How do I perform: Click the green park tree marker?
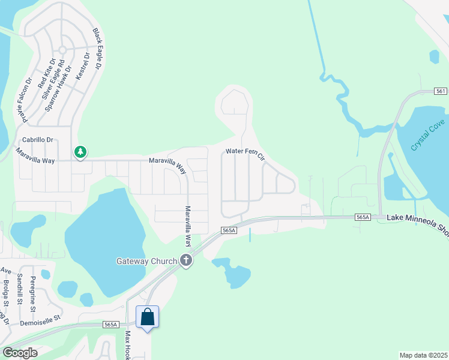point(80,152)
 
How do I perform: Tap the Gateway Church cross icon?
point(186,261)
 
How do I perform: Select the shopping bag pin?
point(148,317)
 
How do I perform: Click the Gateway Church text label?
point(146,261)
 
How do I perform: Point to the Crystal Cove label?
point(428,135)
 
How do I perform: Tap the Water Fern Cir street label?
point(245,154)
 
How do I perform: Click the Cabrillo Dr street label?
point(38,140)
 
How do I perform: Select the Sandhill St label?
point(20,290)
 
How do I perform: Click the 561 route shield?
point(441,91)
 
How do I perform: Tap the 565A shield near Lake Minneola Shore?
point(363,217)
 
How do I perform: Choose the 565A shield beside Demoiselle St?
point(110,324)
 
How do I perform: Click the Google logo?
point(20,353)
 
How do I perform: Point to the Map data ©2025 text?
point(423,355)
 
